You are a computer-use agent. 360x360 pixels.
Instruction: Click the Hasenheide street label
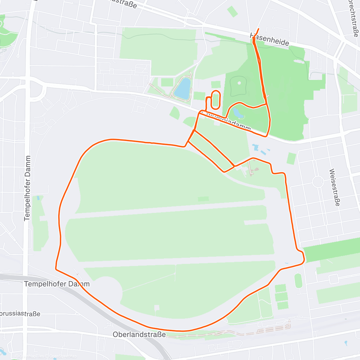tap(270, 39)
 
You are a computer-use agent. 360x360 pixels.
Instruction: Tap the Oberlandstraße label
tap(139, 334)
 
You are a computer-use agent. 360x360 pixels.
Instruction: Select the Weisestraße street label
tap(334, 187)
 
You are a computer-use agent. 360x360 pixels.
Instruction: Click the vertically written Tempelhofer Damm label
tap(27, 188)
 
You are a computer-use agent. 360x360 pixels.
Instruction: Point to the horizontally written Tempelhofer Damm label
tap(57, 284)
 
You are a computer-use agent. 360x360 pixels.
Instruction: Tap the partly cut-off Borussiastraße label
tap(20, 314)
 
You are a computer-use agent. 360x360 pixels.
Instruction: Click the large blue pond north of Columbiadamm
tap(183, 88)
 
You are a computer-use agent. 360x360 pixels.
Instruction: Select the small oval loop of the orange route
tap(216, 100)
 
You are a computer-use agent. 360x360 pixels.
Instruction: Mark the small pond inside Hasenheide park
tap(238, 113)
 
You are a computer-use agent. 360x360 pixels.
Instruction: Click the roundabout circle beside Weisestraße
tap(318, 182)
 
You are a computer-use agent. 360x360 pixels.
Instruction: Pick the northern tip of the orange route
tap(258, 29)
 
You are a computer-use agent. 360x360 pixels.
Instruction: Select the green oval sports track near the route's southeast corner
tap(298, 280)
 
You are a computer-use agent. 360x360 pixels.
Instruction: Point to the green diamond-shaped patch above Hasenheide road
tap(232, 11)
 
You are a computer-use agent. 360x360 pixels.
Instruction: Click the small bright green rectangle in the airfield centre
tap(203, 199)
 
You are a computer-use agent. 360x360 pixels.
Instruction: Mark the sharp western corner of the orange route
tap(56, 268)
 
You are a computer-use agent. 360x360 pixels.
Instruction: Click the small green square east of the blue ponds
tap(291, 158)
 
